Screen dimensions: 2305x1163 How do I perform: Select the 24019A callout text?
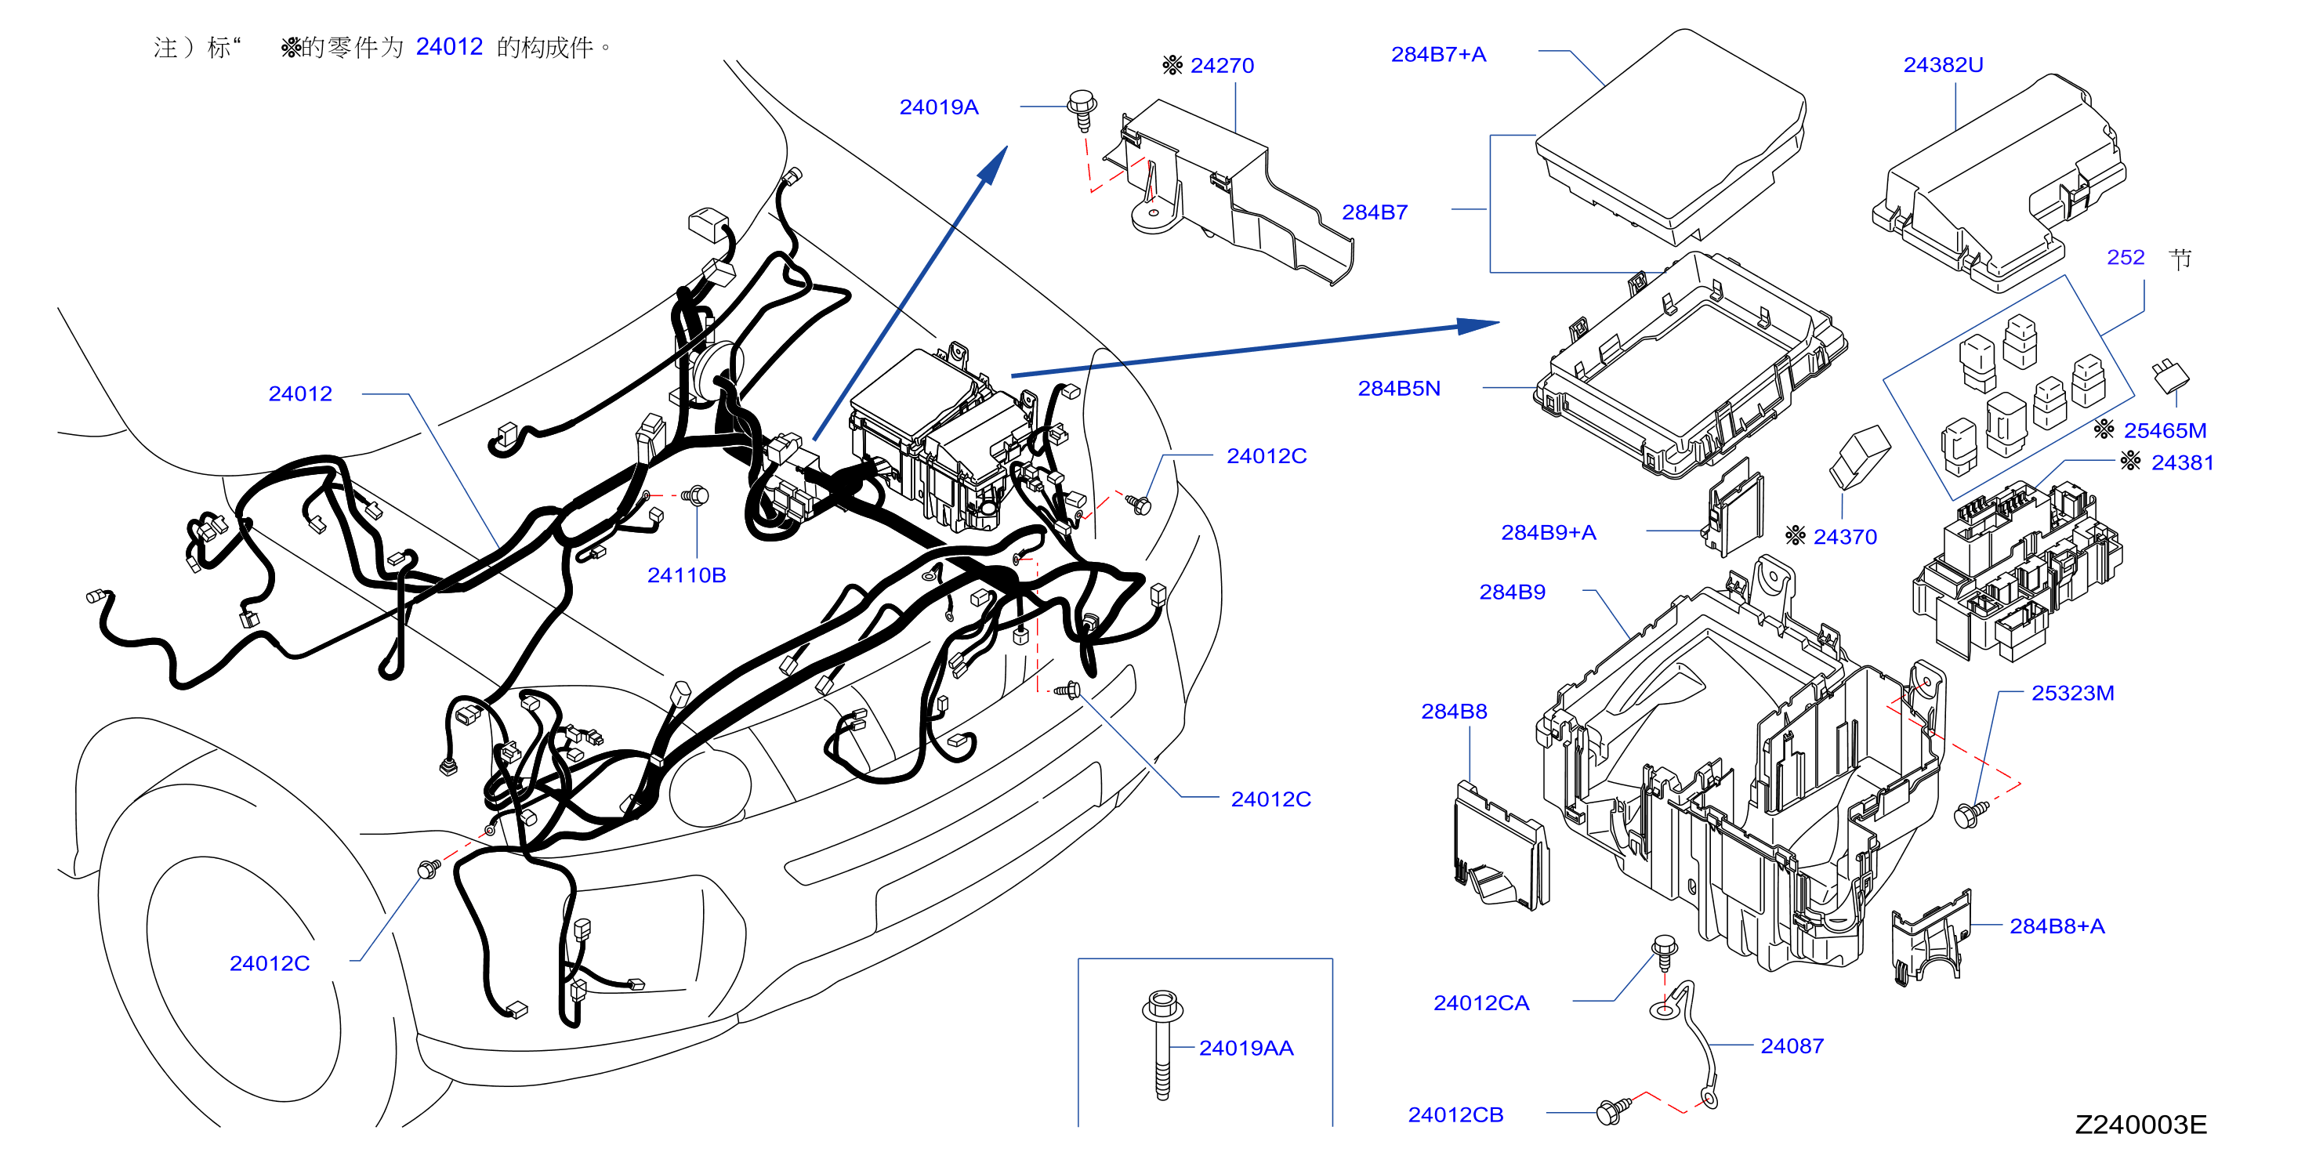[x=939, y=107]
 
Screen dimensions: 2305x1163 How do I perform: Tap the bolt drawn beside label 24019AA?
[x=1162, y=1044]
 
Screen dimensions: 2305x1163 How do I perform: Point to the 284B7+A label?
[x=1438, y=55]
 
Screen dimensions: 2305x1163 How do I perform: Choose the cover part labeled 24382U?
[x=2000, y=183]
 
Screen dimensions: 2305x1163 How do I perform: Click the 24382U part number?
[x=1943, y=65]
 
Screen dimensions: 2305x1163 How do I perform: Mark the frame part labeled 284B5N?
[x=1690, y=364]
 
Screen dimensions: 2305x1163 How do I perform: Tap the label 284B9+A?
[x=1548, y=532]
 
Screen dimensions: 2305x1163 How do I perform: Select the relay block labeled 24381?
[x=2016, y=570]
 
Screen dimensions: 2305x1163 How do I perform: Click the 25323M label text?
[x=2072, y=694]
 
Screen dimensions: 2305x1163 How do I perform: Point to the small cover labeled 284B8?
[x=1501, y=846]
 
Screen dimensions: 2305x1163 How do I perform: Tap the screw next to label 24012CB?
[x=1612, y=1110]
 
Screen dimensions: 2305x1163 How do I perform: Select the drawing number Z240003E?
[x=2140, y=1125]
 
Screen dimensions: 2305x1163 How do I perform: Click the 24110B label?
[x=687, y=575]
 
